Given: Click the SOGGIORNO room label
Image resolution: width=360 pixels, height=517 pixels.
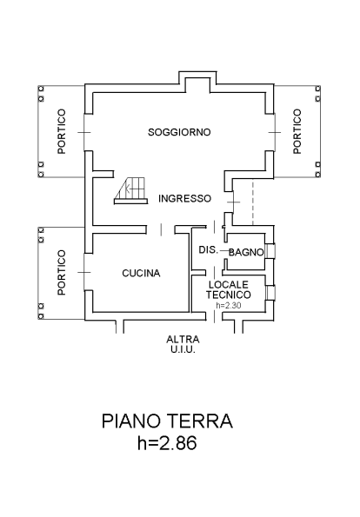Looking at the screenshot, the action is [179, 132].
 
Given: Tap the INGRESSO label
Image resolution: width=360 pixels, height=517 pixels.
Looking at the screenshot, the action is [185, 198].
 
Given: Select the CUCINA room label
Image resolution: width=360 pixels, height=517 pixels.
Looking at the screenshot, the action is [141, 273].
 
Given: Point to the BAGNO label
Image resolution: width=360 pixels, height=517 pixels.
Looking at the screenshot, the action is [246, 252].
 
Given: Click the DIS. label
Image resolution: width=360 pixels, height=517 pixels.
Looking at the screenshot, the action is [208, 250].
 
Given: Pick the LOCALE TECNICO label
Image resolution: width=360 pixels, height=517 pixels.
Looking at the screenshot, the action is [229, 289].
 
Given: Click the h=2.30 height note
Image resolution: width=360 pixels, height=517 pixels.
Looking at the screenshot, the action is [229, 305].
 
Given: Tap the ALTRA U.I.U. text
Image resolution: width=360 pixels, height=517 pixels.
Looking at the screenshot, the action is [183, 344].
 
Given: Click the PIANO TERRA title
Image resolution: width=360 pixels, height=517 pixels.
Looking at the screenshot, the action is [167, 421].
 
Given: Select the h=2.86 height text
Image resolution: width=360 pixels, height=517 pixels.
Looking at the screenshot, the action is [167, 442].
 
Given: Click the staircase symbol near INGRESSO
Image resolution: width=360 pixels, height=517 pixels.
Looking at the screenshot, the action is [130, 191].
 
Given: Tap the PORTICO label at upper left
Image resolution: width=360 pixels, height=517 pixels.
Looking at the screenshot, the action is [62, 131].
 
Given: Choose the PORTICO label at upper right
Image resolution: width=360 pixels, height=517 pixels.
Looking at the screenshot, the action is [297, 131].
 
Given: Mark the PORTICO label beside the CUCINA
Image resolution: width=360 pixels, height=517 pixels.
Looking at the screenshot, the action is [62, 272].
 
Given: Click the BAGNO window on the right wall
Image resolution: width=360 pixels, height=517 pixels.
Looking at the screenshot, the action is [270, 250].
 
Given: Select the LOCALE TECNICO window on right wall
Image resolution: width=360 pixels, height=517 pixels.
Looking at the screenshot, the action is [270, 293].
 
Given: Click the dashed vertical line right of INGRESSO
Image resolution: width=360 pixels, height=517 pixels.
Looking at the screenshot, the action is [253, 202].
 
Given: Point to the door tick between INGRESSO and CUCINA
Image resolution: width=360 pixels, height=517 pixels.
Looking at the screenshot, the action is [161, 229].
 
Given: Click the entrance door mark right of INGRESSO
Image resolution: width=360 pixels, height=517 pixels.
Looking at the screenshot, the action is [234, 202].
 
